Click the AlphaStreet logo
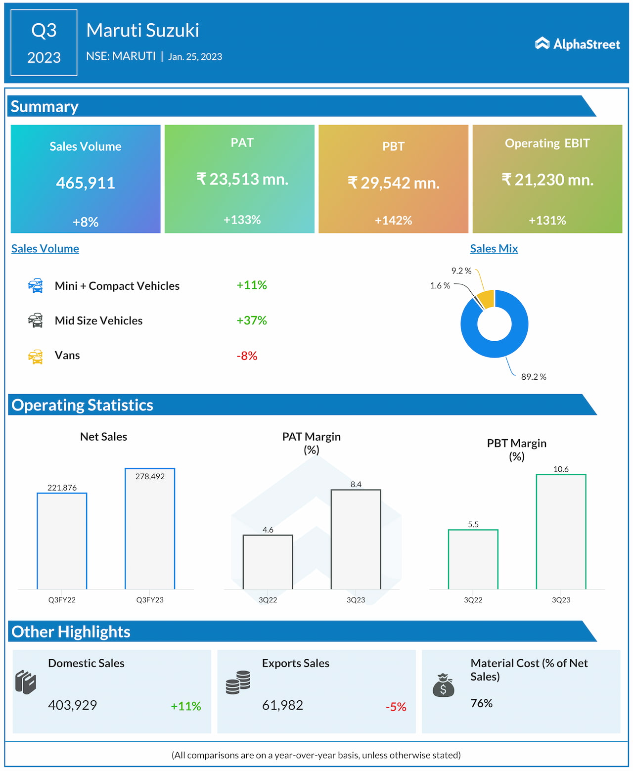(577, 44)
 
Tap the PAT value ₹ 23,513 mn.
(242, 179)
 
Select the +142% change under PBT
(393, 221)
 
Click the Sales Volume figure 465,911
(86, 183)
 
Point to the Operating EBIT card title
(547, 143)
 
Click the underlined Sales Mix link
(494, 249)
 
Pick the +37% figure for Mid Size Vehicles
(252, 320)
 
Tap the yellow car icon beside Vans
(36, 356)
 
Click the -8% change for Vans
(247, 356)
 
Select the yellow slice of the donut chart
(487, 299)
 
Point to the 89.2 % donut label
(534, 377)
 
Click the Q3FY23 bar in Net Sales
(150, 529)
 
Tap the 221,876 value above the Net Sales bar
(62, 488)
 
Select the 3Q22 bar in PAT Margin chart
(268, 562)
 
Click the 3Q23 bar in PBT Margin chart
(561, 532)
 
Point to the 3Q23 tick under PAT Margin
(356, 600)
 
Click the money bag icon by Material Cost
(443, 685)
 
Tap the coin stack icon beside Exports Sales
(238, 682)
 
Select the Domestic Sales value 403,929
(72, 705)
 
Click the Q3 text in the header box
(44, 31)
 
